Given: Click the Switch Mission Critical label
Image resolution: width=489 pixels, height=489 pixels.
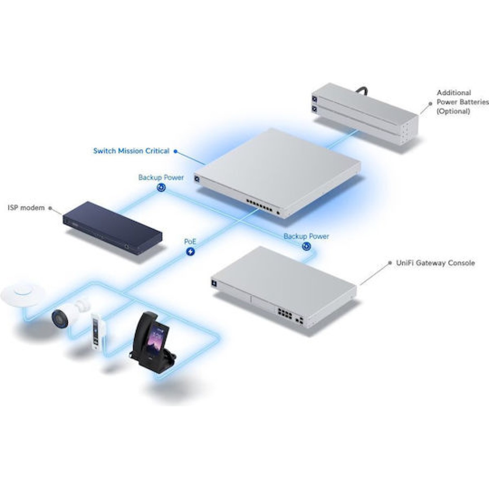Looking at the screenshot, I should [131, 151].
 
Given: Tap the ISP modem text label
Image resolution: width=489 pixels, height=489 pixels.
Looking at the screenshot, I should [26, 208].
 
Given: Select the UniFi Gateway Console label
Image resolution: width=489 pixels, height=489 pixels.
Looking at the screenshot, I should [435, 263].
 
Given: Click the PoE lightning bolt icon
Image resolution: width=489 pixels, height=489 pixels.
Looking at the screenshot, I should [190, 252].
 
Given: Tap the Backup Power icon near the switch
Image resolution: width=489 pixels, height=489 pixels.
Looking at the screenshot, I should [161, 187].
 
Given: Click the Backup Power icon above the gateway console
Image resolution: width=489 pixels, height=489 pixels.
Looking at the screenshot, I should [306, 246].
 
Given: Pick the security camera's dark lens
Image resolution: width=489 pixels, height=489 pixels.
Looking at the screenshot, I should [59, 317].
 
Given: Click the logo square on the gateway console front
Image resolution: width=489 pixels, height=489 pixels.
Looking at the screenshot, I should [214, 283].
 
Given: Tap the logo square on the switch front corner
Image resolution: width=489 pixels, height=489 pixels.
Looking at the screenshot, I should [197, 178].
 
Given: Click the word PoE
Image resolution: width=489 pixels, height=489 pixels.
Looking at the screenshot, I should [190, 242].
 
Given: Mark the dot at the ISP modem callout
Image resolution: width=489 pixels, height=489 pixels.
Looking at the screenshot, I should [50, 208].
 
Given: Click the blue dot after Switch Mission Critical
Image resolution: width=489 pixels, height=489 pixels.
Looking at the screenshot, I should [175, 151].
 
